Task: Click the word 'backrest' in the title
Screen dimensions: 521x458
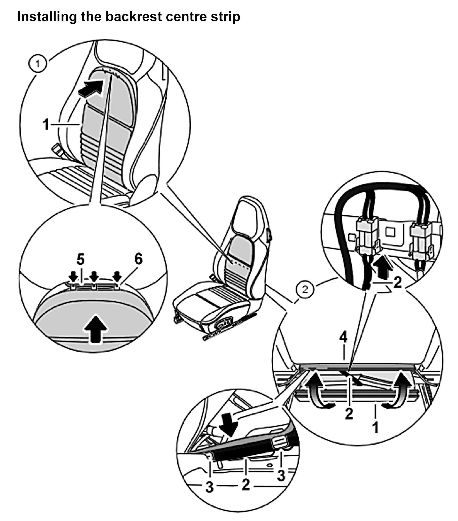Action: [x=133, y=17]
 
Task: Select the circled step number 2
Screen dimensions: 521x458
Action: [x=305, y=290]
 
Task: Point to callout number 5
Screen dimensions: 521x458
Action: [x=80, y=260]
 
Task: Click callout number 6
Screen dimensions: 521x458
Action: [x=138, y=259]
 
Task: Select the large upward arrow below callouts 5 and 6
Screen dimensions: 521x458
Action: [x=96, y=329]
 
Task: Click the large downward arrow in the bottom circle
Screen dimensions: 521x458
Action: [x=229, y=425]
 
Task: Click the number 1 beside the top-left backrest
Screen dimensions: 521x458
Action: [x=46, y=125]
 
